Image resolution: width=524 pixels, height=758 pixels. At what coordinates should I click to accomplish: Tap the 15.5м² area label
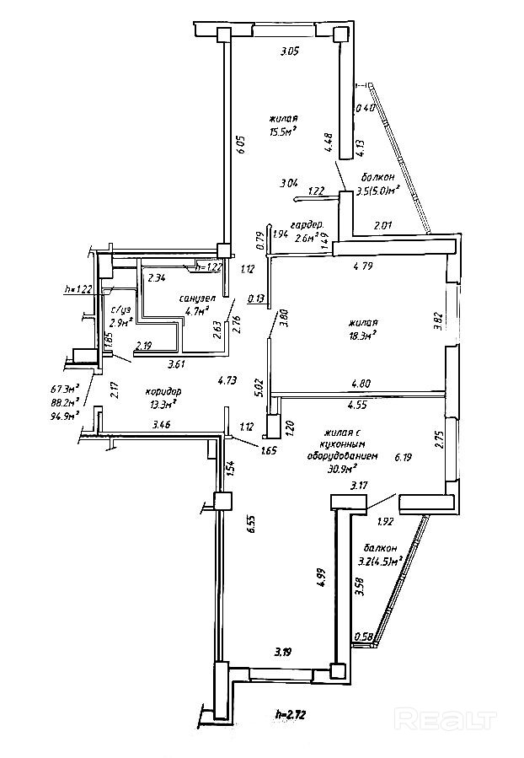point(285,132)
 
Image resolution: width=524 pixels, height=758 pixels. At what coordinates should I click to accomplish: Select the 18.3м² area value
point(362,334)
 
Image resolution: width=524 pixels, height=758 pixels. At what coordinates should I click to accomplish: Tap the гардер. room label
point(306,225)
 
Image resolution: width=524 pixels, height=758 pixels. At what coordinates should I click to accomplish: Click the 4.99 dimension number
point(321,578)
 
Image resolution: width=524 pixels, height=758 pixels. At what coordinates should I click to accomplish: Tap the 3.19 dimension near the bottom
point(284,652)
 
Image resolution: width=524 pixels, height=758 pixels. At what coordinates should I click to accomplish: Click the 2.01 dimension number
point(382,224)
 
